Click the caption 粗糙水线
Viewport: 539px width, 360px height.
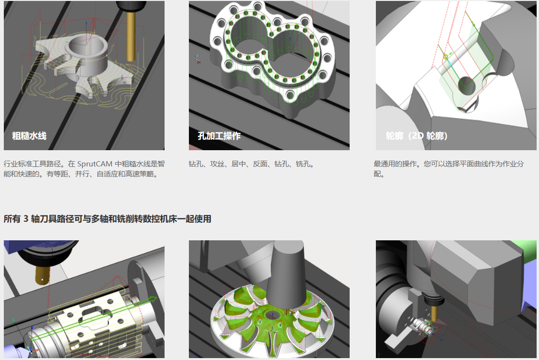coord(29,136)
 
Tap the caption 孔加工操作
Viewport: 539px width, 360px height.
coord(219,136)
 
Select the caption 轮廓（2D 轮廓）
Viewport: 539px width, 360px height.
coord(416,136)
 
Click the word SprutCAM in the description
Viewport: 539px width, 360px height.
coord(94,164)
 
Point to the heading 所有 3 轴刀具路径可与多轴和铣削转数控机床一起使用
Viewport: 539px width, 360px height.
coord(107,219)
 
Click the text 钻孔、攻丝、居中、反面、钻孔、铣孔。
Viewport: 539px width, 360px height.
coord(251,164)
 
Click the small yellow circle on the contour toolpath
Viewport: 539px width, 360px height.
coord(446,56)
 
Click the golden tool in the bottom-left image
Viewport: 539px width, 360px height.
coord(42,275)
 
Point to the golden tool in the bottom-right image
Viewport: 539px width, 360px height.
coord(434,312)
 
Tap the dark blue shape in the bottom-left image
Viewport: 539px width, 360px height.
coord(38,246)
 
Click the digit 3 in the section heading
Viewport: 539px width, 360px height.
coord(26,219)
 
